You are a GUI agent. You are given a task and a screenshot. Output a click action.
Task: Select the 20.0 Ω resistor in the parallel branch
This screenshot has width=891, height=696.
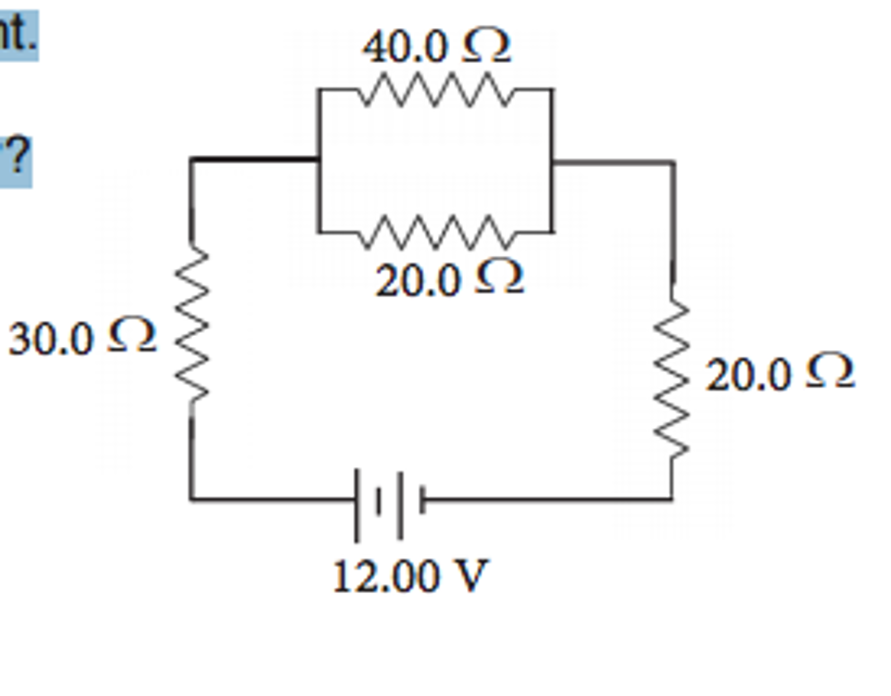coord(435,233)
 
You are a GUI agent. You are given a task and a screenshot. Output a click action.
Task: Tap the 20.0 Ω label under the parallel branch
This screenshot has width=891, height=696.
coord(449,279)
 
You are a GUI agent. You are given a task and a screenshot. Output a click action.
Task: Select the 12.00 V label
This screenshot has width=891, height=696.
coord(410,577)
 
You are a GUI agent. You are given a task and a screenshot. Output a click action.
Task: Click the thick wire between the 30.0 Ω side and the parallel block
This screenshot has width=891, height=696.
coord(255,159)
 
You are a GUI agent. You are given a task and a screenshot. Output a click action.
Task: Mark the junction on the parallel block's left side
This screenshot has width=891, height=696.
coord(319,160)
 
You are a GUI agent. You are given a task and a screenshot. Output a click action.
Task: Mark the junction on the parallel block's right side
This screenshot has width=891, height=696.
coord(552,162)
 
